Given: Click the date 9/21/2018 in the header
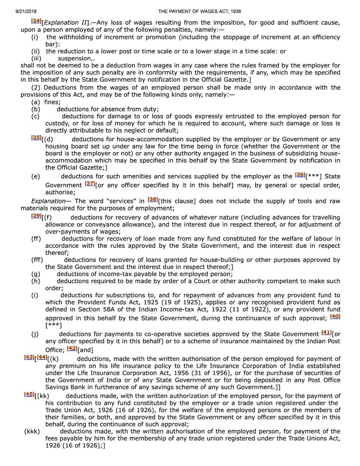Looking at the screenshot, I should (26, 11).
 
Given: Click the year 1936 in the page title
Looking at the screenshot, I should (235, 11).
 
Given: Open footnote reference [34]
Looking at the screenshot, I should (36, 21).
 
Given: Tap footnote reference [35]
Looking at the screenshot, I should (36, 138).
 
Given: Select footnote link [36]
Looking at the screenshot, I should (300, 175).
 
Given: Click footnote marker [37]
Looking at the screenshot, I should (90, 184).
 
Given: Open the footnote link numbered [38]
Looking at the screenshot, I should (153, 199).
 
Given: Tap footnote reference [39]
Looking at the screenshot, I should (36, 216).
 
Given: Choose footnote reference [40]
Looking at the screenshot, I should (335, 317).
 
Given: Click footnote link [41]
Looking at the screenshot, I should (326, 333).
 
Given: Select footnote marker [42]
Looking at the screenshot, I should (72, 348).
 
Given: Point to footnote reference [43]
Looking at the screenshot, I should (29, 357).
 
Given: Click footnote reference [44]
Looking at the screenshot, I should (42, 357).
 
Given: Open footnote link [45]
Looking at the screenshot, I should (29, 394).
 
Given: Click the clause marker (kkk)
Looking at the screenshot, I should (32, 431).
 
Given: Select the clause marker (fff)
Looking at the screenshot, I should (37, 260).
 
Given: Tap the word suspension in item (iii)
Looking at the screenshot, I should (74, 59).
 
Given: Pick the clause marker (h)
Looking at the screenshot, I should (36, 281).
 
